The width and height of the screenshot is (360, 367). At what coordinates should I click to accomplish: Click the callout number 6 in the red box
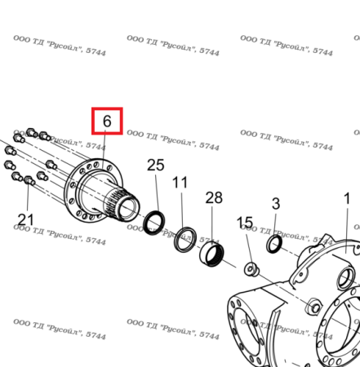tap(107, 121)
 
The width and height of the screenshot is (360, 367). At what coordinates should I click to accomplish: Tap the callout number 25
tap(156, 165)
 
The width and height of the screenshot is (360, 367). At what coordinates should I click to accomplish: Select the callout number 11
tap(180, 183)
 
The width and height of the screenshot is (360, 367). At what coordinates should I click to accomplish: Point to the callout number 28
tap(214, 197)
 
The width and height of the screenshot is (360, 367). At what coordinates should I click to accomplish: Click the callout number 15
tap(245, 223)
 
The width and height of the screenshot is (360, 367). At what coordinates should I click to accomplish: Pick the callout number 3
tap(276, 204)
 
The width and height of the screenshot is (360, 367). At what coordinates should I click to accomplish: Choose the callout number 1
tap(347, 199)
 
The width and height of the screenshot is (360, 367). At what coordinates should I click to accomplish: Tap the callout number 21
tap(25, 219)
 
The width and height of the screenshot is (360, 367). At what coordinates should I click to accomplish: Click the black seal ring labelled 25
tap(153, 223)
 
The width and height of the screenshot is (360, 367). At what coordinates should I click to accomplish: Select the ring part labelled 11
tap(185, 239)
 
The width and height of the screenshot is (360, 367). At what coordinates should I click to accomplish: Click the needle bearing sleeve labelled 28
tap(211, 254)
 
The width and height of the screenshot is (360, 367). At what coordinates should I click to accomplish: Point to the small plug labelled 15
tap(251, 269)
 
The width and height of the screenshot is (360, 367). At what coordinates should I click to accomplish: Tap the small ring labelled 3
tap(274, 244)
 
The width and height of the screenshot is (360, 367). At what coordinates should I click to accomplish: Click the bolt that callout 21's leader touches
tap(29, 180)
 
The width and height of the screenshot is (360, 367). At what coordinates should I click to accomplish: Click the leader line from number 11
tap(182, 210)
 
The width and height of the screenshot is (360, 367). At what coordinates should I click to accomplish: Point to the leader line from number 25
tap(157, 192)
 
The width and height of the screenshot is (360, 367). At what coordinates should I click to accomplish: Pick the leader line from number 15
tap(248, 247)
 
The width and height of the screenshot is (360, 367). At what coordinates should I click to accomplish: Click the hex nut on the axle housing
tap(314, 307)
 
